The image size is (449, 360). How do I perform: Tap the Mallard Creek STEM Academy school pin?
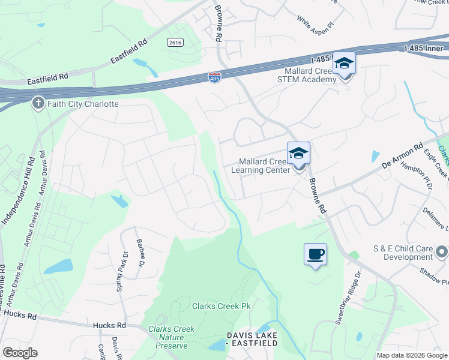pos(345,64)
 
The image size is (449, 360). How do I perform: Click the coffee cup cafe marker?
pos(315,254)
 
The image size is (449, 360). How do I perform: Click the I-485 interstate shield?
pos(214,77)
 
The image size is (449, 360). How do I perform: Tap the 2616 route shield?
pos(175,42)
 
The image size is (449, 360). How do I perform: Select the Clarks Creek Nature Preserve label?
pos(171,337)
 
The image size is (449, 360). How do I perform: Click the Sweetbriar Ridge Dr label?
pos(350,295)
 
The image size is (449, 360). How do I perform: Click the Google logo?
pos(20,353)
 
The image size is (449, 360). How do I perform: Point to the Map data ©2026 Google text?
pos(411,355)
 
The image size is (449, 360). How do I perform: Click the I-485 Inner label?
pos(425,48)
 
